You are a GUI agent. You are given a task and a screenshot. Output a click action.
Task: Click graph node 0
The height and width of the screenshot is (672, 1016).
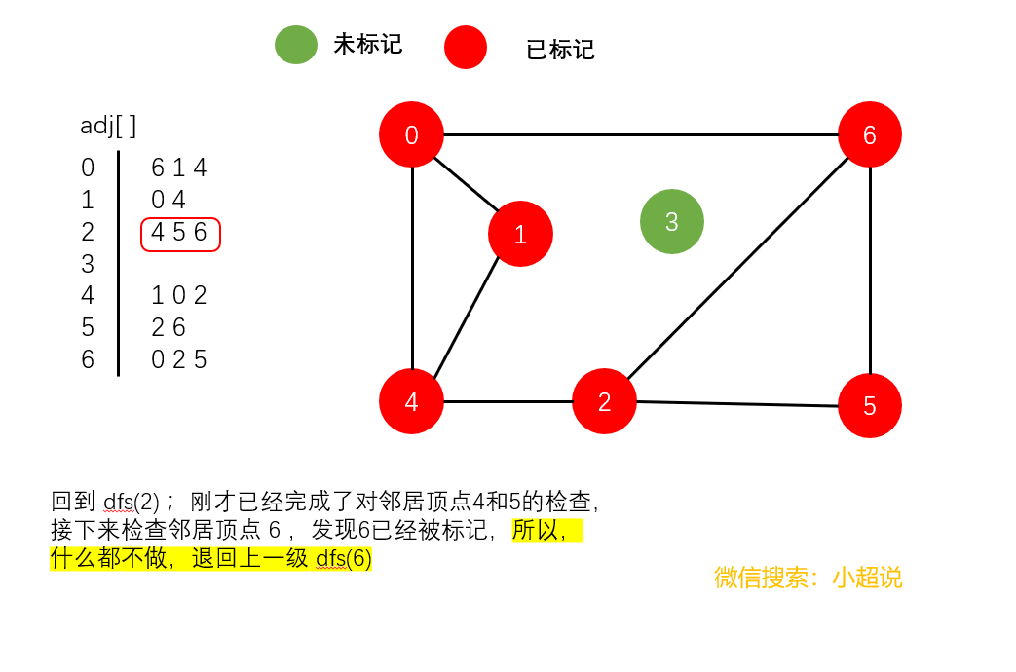[411, 134]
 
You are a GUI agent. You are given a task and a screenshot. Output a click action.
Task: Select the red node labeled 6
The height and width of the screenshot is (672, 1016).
[869, 134]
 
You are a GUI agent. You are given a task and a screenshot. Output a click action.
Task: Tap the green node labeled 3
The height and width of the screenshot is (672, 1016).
[671, 221]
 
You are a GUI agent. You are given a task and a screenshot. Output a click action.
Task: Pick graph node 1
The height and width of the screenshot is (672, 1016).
[520, 234]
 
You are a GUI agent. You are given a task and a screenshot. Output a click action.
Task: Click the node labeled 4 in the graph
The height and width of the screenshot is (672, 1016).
[411, 401]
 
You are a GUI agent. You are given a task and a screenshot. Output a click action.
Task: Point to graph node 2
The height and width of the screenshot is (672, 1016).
[604, 401]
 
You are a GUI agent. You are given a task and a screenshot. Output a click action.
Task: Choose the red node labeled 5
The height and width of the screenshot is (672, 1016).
[869, 405]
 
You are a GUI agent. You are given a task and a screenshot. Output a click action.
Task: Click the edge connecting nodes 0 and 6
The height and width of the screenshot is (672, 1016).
[640, 134]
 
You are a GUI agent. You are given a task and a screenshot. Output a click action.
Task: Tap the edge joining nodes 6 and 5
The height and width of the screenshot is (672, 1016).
[870, 270]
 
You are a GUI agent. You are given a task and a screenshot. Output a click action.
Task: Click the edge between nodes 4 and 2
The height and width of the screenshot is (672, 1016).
[508, 401]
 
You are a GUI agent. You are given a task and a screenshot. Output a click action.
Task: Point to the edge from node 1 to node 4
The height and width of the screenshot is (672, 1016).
[467, 317]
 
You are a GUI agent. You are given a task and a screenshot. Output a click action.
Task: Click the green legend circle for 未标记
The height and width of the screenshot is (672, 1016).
[296, 45]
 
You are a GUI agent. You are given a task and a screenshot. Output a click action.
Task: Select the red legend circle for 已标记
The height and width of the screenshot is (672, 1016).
[466, 48]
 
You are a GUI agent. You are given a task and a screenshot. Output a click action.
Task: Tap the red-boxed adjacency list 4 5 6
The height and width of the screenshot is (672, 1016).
[180, 234]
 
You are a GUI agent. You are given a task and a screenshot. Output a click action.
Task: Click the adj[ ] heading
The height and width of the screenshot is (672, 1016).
[108, 125]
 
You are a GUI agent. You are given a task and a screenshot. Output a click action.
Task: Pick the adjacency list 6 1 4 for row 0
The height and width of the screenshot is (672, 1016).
[179, 168]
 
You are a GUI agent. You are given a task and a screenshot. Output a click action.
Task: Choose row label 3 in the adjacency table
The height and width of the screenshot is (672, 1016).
[88, 264]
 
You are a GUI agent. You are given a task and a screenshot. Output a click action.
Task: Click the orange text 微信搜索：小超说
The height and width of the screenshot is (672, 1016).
[808, 578]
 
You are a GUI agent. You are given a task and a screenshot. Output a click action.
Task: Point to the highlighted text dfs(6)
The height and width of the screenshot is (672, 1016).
[344, 559]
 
